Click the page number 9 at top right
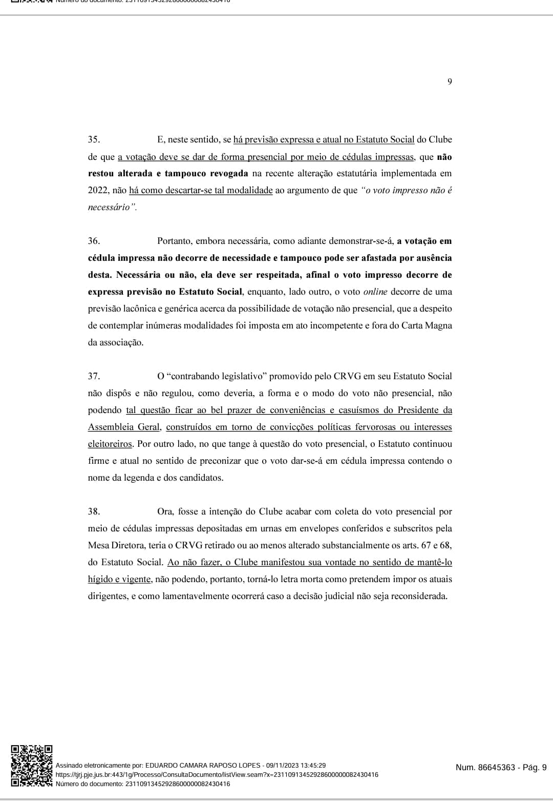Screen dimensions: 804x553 pyautogui.click(x=450, y=81)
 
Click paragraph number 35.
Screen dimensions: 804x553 pyautogui.click(x=94, y=139)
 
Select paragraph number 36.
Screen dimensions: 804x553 pyautogui.click(x=94, y=241)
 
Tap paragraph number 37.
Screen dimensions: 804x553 pyautogui.click(x=94, y=376)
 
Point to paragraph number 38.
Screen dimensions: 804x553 pyautogui.click(x=94, y=511)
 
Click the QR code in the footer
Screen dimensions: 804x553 pyautogui.click(x=32, y=766)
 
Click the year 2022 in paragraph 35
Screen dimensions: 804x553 pyautogui.click(x=98, y=190)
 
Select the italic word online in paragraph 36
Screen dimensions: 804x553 pyautogui.click(x=375, y=292)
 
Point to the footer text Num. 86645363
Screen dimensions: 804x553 pyautogui.click(x=485, y=767)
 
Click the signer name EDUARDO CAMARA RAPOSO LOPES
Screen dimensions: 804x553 pyautogui.click(x=203, y=765)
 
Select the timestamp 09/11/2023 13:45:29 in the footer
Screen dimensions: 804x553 pyautogui.click(x=296, y=765)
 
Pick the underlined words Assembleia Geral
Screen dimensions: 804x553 pyautogui.click(x=124, y=427)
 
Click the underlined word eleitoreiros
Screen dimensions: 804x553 pyautogui.click(x=110, y=444)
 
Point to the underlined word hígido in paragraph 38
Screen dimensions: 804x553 pyautogui.click(x=100, y=579)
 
